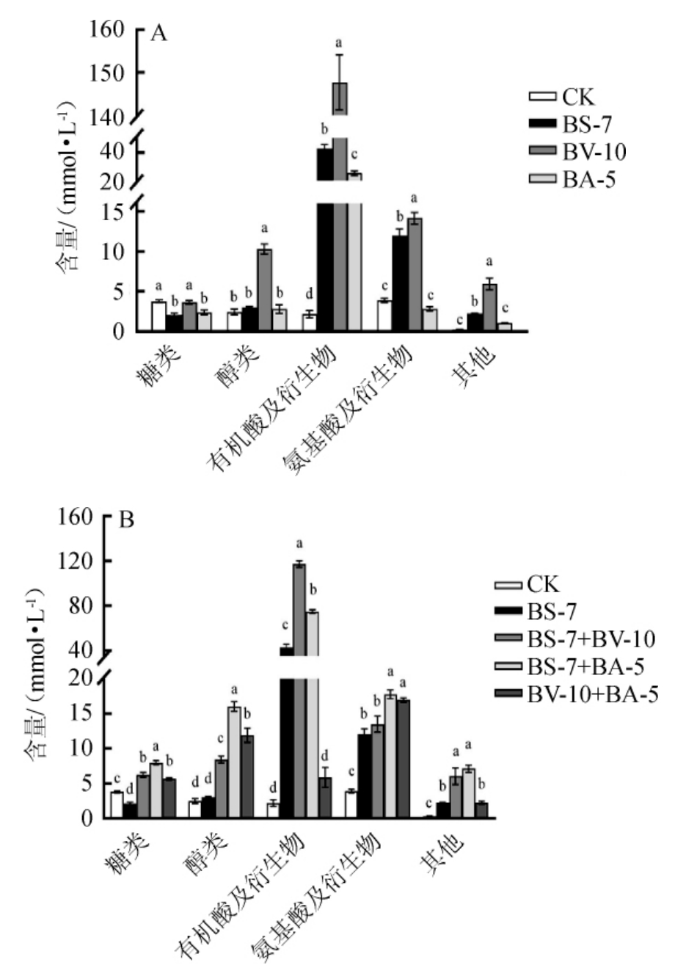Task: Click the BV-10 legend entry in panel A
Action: (594, 152)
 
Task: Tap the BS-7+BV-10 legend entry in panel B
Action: (590, 639)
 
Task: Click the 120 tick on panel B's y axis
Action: (77, 561)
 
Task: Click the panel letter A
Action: (158, 34)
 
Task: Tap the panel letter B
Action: (127, 520)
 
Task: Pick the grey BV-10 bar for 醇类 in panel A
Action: (264, 291)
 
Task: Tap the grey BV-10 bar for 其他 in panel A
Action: (489, 307)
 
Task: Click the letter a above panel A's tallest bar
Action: (339, 43)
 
